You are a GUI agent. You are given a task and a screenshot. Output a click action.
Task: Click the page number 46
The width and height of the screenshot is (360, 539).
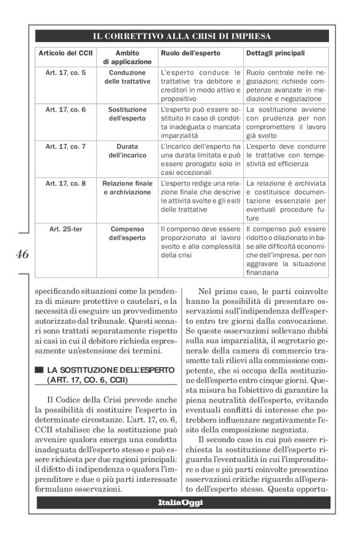point(20,254)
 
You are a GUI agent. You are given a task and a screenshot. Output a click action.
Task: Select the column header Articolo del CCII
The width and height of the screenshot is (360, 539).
point(66,53)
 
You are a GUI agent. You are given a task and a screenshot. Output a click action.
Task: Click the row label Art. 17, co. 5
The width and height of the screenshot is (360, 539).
point(66,73)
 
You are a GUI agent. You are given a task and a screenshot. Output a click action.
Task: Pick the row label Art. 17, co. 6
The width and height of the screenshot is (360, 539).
point(66,109)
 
